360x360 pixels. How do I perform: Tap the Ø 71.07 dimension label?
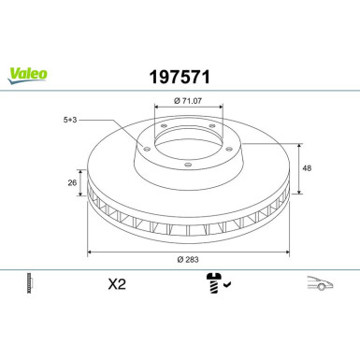pyautogui.click(x=187, y=98)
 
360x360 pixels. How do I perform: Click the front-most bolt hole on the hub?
pyautogui.click(x=187, y=166)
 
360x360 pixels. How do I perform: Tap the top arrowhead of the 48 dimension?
pyautogui.click(x=298, y=146)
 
